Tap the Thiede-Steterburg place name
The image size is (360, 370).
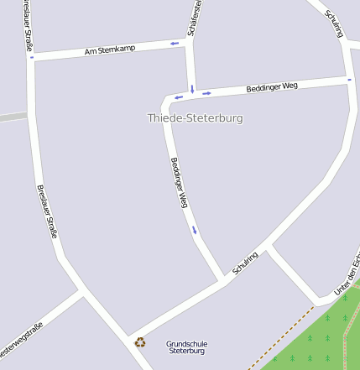[195, 118]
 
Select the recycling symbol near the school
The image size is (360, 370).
[140, 341]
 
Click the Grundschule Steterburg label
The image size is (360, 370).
[186, 347]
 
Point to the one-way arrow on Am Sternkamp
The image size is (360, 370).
[175, 43]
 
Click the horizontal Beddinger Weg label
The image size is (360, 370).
[272, 86]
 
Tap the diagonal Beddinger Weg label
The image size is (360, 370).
[178, 183]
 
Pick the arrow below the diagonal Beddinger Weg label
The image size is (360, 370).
[195, 230]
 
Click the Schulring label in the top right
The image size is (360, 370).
[333, 25]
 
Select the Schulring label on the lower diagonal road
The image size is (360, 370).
[245, 264]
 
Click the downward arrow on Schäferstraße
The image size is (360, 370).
[192, 88]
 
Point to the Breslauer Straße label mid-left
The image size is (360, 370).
[46, 211]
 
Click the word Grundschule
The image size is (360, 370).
[186, 343]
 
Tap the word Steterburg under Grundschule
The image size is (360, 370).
[186, 352]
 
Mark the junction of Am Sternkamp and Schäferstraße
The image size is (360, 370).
[190, 41]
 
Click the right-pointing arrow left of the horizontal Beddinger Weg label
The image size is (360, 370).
[206, 93]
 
